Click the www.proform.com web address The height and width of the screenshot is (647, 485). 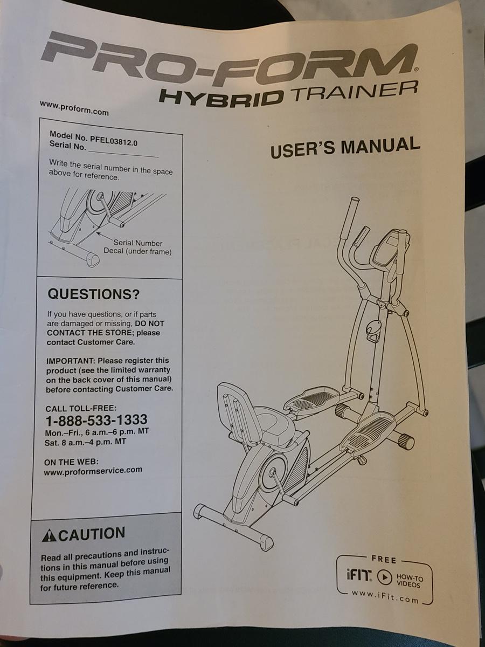tap(74, 108)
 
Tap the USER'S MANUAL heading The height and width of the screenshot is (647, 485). tap(345, 147)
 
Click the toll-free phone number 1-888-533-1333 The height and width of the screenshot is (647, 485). tap(96, 419)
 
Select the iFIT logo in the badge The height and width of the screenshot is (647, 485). tap(359, 575)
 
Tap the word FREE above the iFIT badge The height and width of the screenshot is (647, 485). tap(384, 560)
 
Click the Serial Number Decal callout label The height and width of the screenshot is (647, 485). tap(137, 247)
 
